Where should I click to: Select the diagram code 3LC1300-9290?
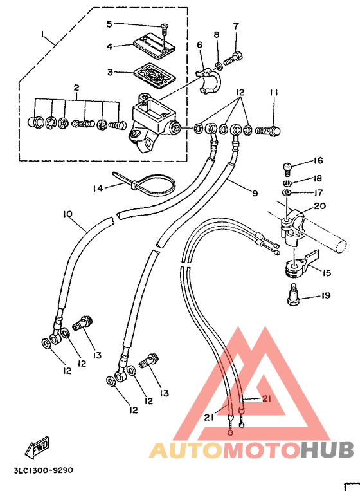pos(43,470)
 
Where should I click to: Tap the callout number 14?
pos(98,188)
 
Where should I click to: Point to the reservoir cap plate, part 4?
pos(154,47)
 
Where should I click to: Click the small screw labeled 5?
pos(163,30)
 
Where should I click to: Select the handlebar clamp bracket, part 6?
pos(209,82)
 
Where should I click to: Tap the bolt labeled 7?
pos(233,59)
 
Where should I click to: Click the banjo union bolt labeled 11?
pos(268,130)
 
